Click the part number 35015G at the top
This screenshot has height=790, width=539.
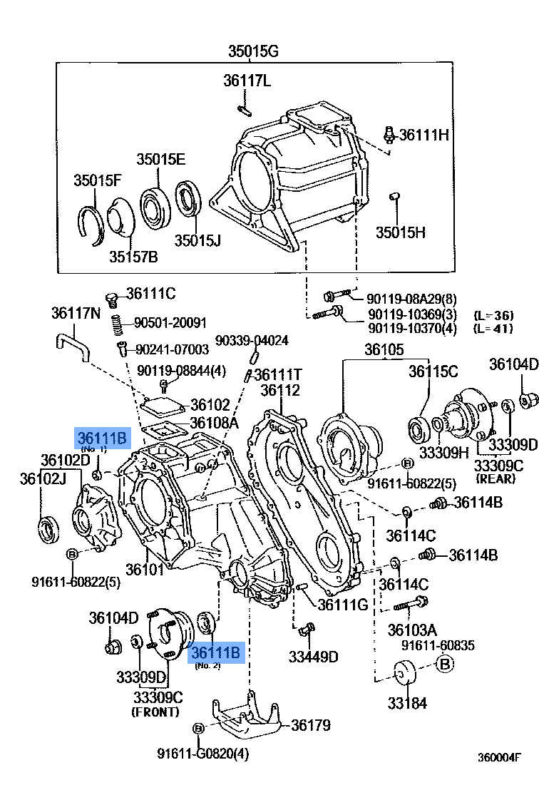point(252,51)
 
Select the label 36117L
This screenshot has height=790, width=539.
point(247,81)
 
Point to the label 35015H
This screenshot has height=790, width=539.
point(401,232)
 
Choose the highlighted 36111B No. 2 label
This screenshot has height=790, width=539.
point(217,652)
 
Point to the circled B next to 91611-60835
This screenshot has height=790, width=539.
point(444,665)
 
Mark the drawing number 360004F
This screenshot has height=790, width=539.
point(499,757)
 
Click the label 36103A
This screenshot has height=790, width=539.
point(411,630)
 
